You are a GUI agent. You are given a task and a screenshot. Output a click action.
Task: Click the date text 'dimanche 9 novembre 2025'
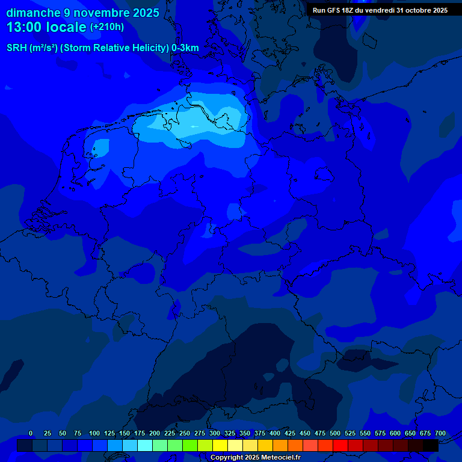pyautogui.click(x=82, y=13)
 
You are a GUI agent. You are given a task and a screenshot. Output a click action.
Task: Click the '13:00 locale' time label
pyautogui.click(x=46, y=27)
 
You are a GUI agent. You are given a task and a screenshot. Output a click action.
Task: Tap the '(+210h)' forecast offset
pyautogui.click(x=107, y=27)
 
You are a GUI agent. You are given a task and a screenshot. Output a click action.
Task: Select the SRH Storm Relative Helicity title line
pyautogui.click(x=103, y=48)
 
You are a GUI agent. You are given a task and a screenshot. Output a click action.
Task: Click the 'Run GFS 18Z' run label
pyautogui.click(x=337, y=10)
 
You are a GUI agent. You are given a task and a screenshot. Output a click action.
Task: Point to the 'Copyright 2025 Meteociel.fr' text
pyautogui.click(x=255, y=457)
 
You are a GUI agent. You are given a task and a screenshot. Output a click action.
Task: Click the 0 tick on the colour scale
pyautogui.click(x=31, y=433)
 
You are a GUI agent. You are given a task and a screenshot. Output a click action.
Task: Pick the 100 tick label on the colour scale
pyautogui.click(x=94, y=433)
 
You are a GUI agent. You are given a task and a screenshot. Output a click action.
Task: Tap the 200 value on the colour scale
pyautogui.click(x=155, y=433)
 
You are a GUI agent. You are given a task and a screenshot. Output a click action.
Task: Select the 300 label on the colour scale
pyautogui.click(x=215, y=433)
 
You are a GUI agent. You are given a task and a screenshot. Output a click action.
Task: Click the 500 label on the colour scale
pyautogui.click(x=335, y=433)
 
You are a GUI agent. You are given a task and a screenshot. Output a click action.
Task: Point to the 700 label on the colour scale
pyautogui.click(x=440, y=433)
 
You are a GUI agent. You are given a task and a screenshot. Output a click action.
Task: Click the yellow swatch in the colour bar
pyautogui.click(x=220, y=446)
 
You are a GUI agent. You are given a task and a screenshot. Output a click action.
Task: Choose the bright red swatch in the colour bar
pyautogui.click(x=340, y=446)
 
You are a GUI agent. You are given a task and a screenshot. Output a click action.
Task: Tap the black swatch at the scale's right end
pyautogui.click(x=431, y=446)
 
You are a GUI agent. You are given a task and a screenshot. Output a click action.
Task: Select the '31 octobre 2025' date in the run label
pyautogui.click(x=422, y=10)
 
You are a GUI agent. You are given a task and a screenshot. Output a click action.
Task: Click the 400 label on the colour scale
pyautogui.click(x=275, y=433)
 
